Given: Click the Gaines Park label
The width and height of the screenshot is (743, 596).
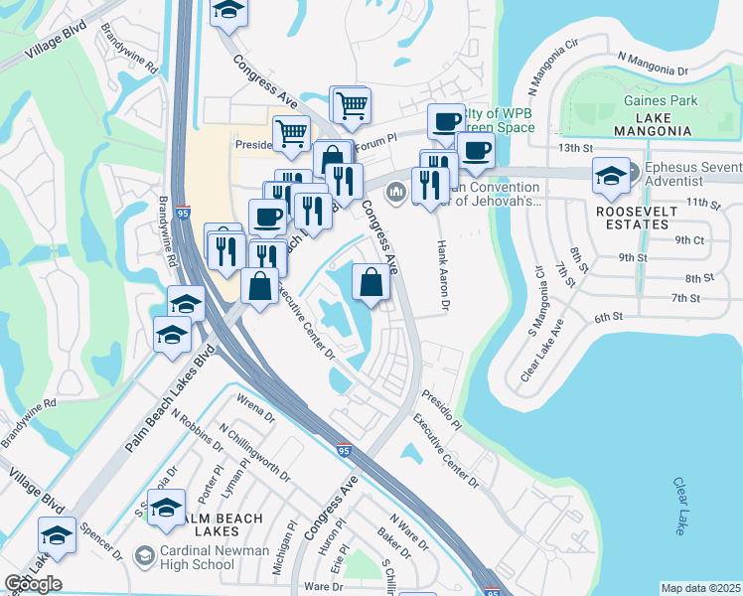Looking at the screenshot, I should point(661,100).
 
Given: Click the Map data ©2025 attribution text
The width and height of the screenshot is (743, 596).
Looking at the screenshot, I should point(700,588).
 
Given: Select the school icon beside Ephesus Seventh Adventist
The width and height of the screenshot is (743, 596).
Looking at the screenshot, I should point(609,177).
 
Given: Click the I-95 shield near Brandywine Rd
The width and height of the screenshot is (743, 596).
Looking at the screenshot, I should point(183,212).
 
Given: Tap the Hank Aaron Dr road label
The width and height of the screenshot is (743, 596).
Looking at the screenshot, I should point(445,276).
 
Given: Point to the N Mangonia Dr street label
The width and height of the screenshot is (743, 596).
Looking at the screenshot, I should point(653,65).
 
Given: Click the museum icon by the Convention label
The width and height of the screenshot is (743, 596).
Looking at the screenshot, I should point(396,192).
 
